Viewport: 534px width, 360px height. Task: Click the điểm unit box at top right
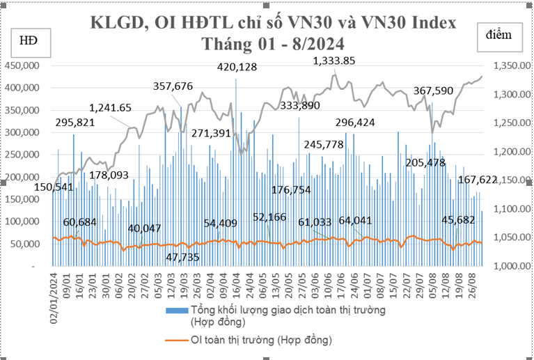pos(499,36)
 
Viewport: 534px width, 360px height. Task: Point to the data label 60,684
pos(80,222)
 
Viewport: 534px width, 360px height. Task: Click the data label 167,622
pos(478,180)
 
